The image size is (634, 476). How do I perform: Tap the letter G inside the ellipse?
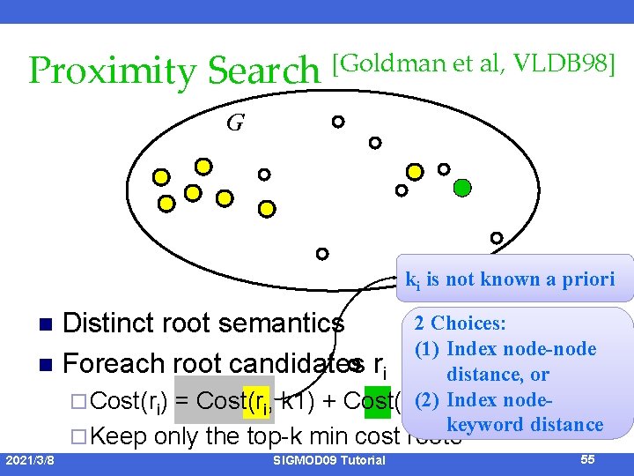234,123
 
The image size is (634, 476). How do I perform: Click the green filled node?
462,187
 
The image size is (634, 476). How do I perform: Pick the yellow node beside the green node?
415,172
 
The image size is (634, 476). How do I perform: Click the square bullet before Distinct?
36,324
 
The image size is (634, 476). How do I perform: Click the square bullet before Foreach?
36,364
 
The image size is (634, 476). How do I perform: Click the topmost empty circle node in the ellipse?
338,122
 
